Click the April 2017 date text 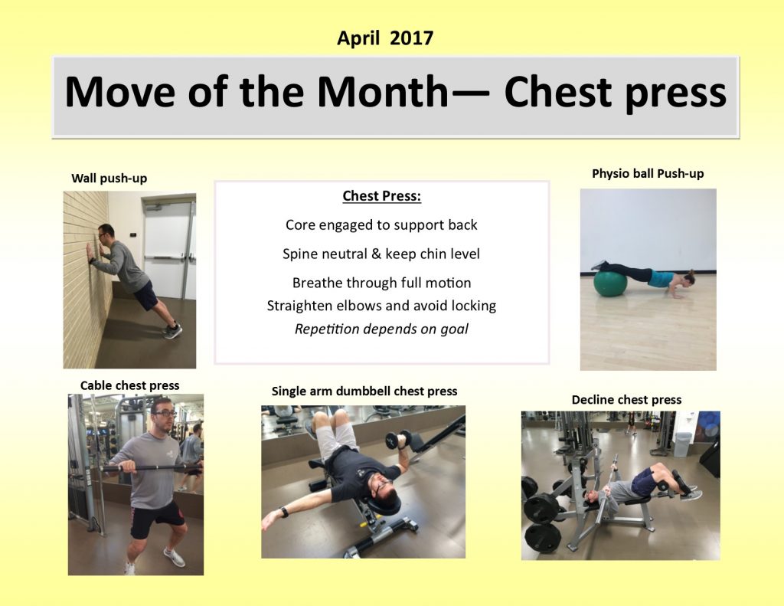385,38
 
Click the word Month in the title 383,93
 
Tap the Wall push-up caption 109,179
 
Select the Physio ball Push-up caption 648,174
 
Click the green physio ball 610,283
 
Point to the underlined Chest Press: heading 381,196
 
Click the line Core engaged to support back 381,224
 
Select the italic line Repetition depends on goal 381,329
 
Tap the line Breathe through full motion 381,283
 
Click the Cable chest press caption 129,385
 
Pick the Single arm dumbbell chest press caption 364,391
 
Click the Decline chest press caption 626,400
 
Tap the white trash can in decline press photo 681,444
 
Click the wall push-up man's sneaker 173,330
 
